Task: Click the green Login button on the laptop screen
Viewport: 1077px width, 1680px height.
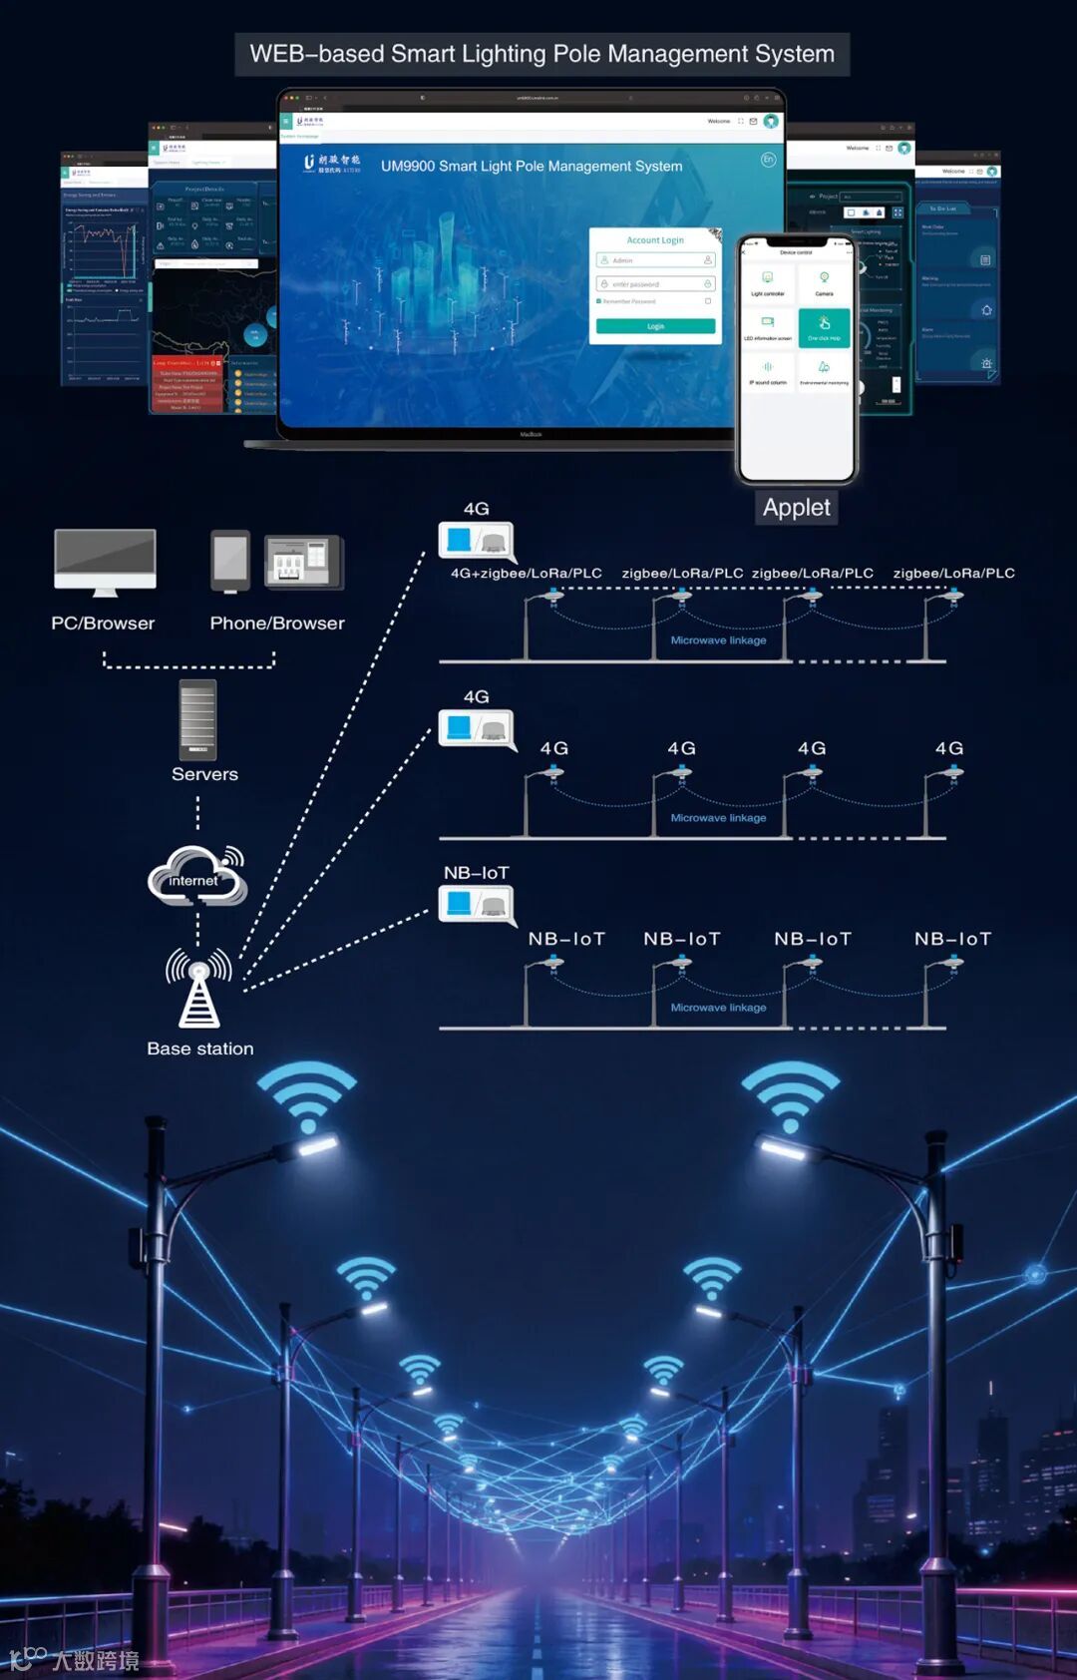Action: (655, 326)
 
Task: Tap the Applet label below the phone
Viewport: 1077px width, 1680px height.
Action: (796, 508)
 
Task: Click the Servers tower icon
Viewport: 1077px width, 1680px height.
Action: (197, 719)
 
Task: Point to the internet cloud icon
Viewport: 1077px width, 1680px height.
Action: (197, 876)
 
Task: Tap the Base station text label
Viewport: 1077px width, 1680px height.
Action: (199, 1049)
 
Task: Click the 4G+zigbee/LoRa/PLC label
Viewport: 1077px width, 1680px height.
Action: (526, 573)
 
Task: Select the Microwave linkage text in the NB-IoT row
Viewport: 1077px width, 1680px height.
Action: (718, 1008)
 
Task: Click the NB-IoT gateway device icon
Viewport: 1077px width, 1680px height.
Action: (477, 905)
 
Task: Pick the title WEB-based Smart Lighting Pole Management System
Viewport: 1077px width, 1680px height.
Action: (541, 54)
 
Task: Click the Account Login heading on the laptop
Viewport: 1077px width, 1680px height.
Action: (655, 240)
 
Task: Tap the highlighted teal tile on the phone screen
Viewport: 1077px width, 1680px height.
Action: (824, 328)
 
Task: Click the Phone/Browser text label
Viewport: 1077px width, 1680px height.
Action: (277, 624)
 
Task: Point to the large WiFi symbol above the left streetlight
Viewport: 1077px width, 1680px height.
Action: (307, 1094)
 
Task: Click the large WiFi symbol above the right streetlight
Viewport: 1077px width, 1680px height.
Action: (791, 1094)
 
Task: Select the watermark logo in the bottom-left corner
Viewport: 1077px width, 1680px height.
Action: (74, 1660)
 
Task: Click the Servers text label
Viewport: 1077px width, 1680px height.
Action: (204, 774)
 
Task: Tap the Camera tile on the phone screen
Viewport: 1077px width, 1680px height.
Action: (824, 283)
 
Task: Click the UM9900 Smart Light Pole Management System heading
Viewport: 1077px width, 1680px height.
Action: (532, 167)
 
